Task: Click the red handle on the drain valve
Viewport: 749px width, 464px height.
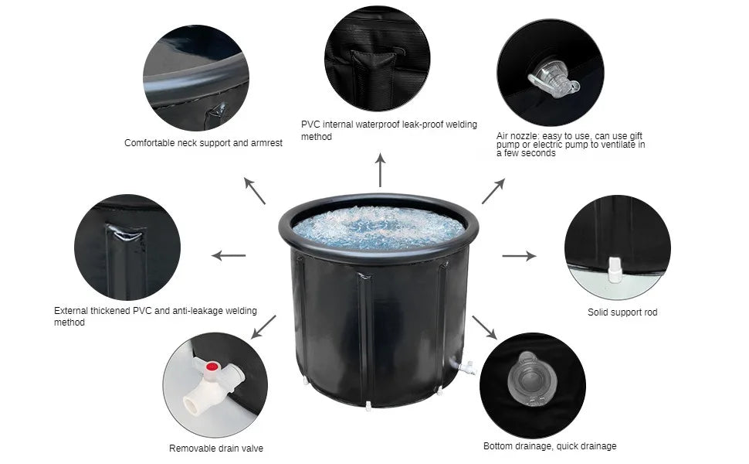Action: click(x=212, y=367)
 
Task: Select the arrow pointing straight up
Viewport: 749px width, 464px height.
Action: click(x=380, y=170)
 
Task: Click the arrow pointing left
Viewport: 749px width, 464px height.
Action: click(x=229, y=255)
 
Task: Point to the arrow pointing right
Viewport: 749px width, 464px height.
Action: click(x=519, y=256)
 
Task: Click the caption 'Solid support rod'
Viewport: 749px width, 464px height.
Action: click(x=622, y=312)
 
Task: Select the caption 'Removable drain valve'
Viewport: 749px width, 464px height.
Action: click(x=216, y=449)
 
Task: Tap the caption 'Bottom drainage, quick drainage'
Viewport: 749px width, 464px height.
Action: click(x=550, y=445)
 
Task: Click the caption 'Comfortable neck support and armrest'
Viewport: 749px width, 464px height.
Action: click(x=204, y=143)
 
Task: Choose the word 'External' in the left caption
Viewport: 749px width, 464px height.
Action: click(x=71, y=310)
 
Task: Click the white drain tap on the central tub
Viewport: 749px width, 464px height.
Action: click(x=466, y=367)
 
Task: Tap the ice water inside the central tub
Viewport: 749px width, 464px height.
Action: click(x=378, y=228)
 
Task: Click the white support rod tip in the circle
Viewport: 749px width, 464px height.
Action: click(x=615, y=270)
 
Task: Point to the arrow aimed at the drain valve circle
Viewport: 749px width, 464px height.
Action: click(x=263, y=326)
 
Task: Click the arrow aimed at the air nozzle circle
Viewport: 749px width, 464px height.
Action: click(x=493, y=191)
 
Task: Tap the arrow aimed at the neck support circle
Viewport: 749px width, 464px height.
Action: click(x=255, y=191)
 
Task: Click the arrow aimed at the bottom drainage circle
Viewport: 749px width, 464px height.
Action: click(x=484, y=328)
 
